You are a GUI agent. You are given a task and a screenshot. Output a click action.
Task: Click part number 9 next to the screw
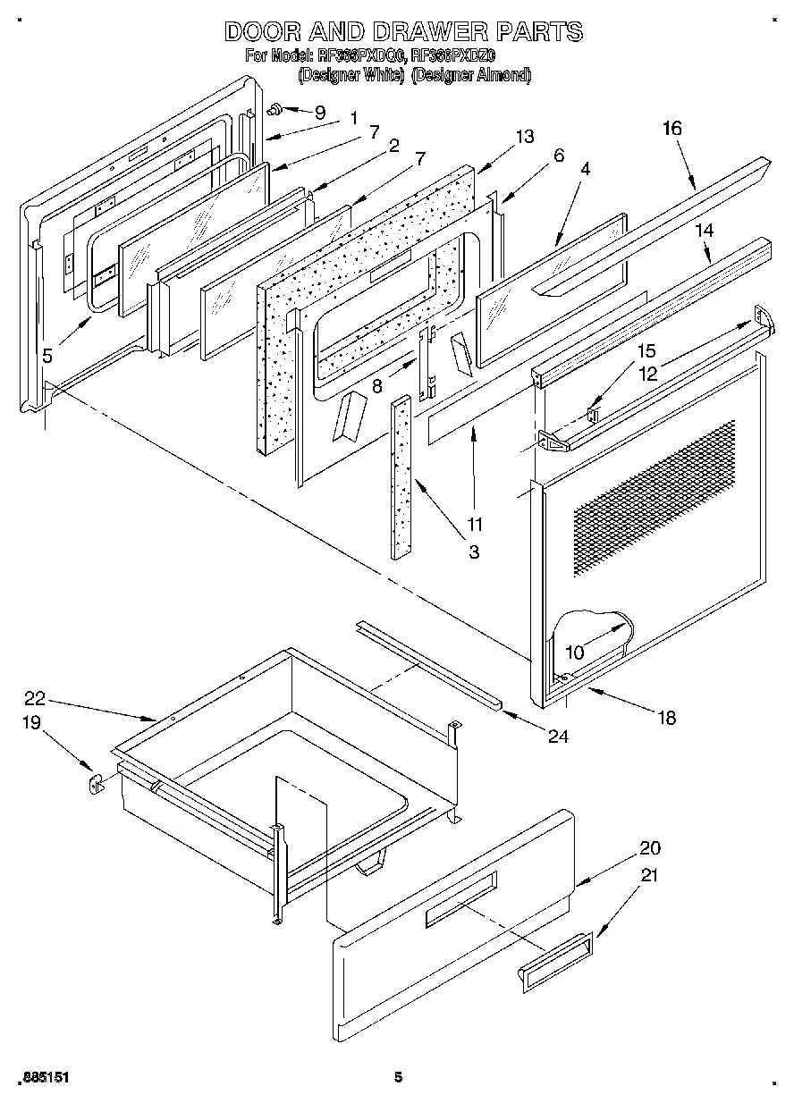click(x=319, y=113)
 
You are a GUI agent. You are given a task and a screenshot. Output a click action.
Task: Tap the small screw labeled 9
click(x=276, y=109)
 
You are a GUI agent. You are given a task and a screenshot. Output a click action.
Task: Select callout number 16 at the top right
click(x=672, y=129)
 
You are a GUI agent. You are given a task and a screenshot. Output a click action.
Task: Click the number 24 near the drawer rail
click(x=558, y=737)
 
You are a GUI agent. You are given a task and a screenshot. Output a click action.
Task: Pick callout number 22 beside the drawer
click(x=36, y=699)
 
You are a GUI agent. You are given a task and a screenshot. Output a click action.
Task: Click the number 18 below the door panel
click(x=666, y=717)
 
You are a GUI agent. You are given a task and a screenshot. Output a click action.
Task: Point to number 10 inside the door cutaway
click(x=574, y=653)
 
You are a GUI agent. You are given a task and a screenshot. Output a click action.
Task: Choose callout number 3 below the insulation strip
click(x=474, y=552)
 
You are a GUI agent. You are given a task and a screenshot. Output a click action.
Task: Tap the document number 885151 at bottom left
click(x=43, y=1078)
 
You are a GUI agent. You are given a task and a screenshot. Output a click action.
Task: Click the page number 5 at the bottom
click(x=399, y=1078)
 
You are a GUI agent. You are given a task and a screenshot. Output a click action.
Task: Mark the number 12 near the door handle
click(x=647, y=373)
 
